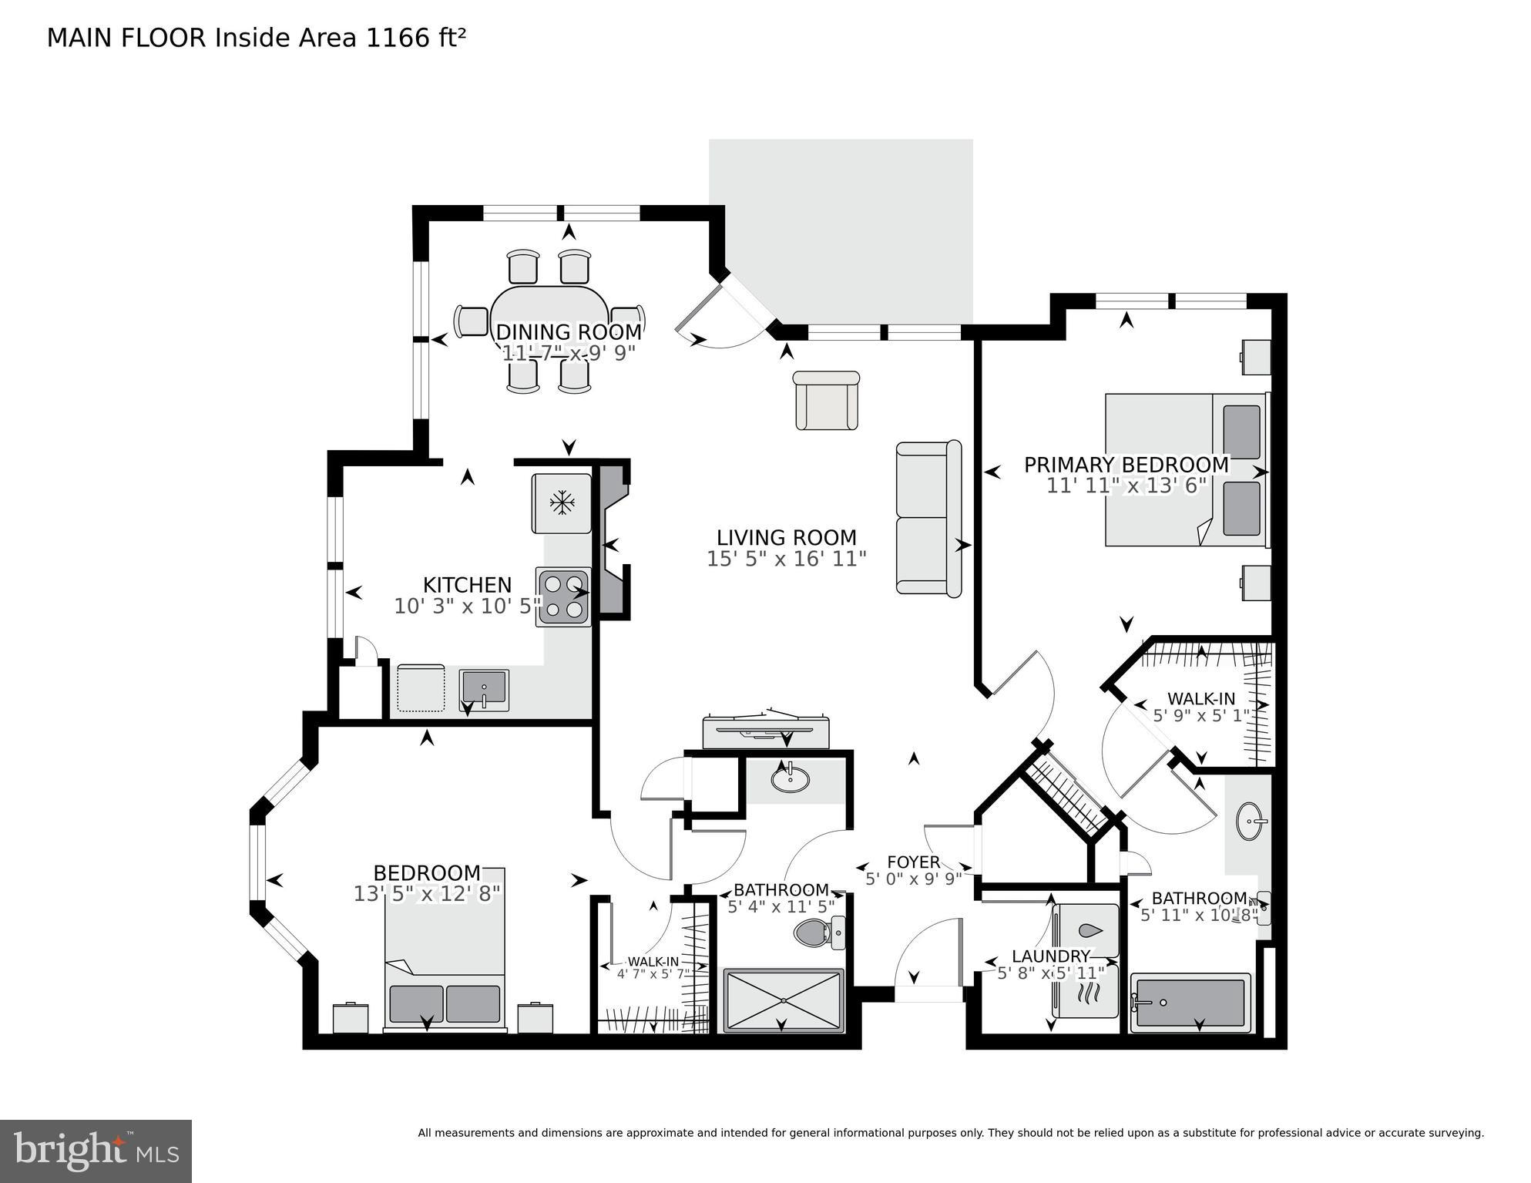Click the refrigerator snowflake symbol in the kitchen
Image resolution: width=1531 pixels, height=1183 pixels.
[562, 503]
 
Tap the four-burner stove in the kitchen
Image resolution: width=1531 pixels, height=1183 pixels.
[564, 597]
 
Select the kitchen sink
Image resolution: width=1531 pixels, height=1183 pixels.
[484, 688]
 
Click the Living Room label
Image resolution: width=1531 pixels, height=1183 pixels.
[786, 538]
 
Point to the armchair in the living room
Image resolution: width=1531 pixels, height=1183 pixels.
[826, 401]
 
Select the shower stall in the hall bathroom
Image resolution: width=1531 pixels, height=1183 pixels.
[784, 1000]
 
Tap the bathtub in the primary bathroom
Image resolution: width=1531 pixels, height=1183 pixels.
[1190, 1003]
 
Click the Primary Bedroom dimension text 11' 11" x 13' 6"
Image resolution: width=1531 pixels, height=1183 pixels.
[1126, 486]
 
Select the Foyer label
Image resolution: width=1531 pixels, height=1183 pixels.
[913, 862]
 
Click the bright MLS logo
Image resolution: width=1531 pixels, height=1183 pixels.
[96, 1151]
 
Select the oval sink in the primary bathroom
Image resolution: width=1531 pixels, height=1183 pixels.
[1251, 823]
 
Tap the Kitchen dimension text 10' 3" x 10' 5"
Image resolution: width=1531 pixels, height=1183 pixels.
[468, 607]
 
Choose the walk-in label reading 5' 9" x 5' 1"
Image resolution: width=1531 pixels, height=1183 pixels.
[1200, 716]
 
